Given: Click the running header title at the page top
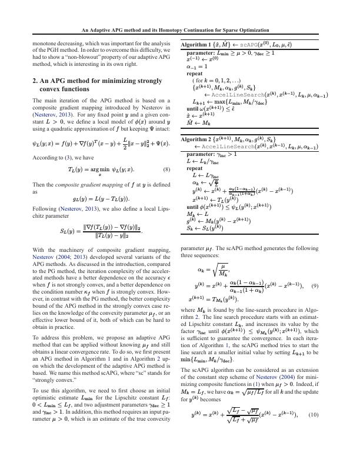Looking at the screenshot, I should point(180,30).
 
